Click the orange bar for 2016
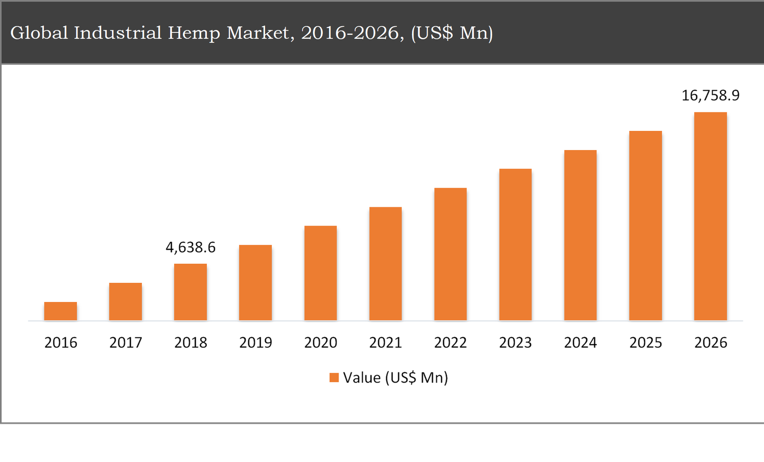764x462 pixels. point(61,311)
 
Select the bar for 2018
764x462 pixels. point(191,292)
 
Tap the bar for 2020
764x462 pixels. point(320,273)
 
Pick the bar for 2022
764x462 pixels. point(450,254)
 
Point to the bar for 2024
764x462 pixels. point(580,235)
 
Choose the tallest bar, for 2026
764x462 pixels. point(710,216)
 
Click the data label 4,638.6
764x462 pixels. point(191,247)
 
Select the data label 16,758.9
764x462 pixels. point(710,96)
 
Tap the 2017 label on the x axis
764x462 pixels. point(126,343)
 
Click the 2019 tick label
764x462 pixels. point(255,343)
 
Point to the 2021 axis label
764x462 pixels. point(385,343)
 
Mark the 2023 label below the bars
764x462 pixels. point(515,343)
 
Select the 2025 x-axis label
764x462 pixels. point(646,343)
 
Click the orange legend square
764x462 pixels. point(334,378)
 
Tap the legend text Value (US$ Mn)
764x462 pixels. point(395,378)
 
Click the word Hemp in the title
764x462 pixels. point(194,33)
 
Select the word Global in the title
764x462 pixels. point(39,33)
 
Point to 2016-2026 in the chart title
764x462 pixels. point(352,33)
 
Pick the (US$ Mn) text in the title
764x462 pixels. point(452,33)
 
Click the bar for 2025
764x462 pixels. point(646,226)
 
